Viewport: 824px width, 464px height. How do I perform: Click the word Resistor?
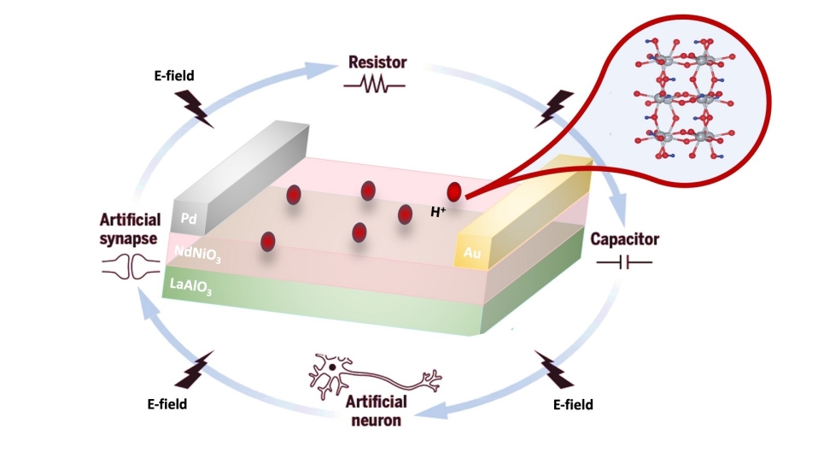[377, 62]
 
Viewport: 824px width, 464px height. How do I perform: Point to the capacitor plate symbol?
[624, 262]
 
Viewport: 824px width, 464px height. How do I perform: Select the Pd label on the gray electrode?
[189, 219]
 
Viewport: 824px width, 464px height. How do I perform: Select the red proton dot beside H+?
[454, 191]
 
